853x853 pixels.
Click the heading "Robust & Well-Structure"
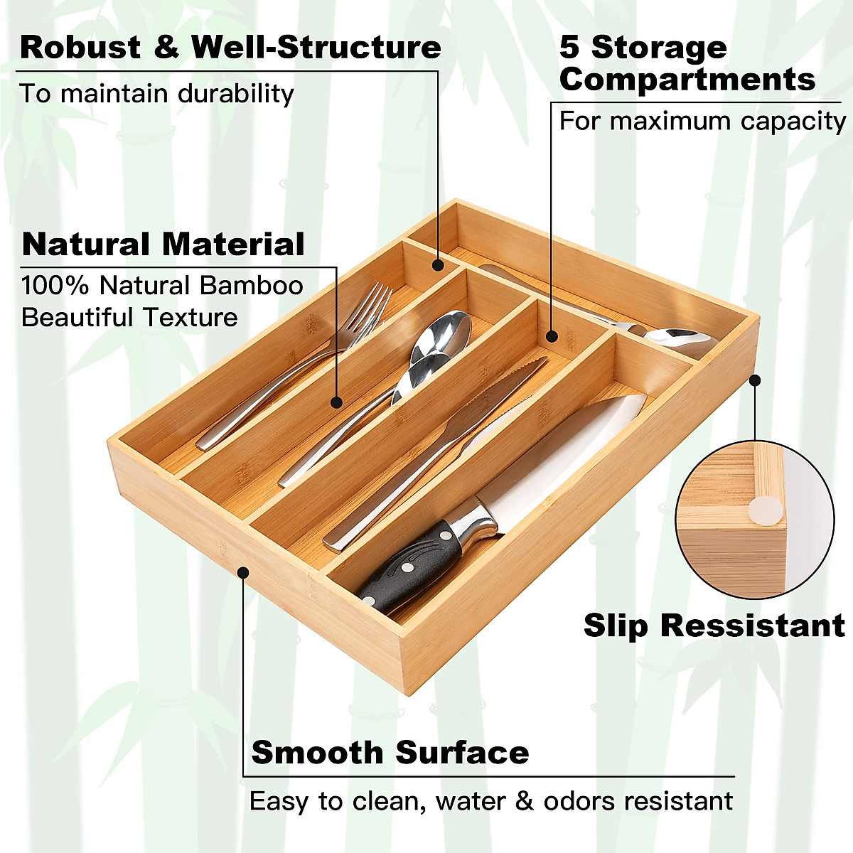coord(230,48)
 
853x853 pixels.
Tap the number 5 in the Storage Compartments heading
coord(569,48)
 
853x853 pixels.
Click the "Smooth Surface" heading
coord(390,752)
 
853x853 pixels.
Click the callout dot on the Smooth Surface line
coord(243,571)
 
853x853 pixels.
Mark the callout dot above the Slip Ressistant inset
coord(755,380)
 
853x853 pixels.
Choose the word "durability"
coord(235,94)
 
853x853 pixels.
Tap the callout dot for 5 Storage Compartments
coord(552,336)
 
